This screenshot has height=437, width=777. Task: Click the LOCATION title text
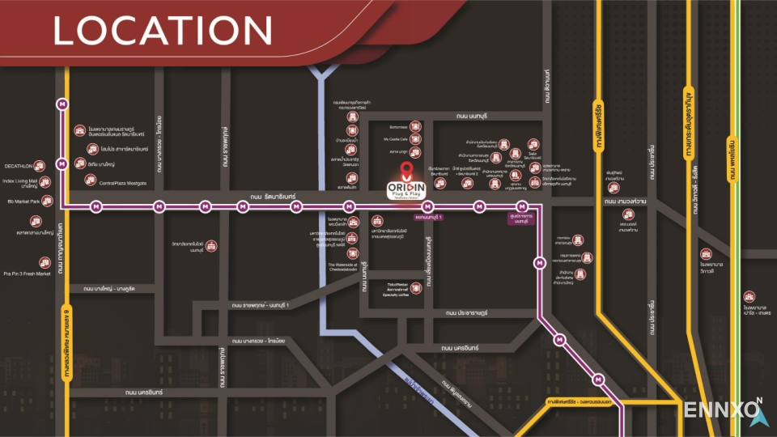coord(162,31)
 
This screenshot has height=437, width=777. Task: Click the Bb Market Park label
coord(23,201)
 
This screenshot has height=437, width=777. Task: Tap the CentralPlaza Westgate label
coord(123,183)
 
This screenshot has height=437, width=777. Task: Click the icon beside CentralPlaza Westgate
coord(89,180)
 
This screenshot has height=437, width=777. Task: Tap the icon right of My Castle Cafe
coord(416,139)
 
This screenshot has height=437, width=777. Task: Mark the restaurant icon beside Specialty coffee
coord(414,286)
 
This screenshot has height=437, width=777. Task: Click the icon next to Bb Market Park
coord(46,201)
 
